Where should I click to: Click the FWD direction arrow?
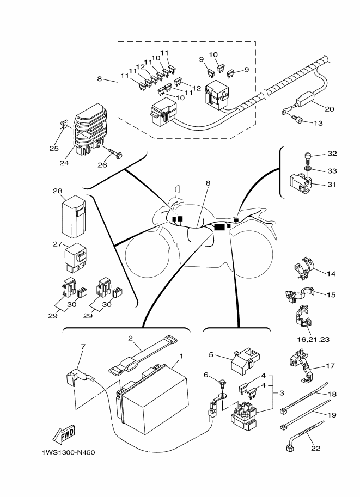coord(64,434)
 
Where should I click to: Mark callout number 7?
coord(83,346)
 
